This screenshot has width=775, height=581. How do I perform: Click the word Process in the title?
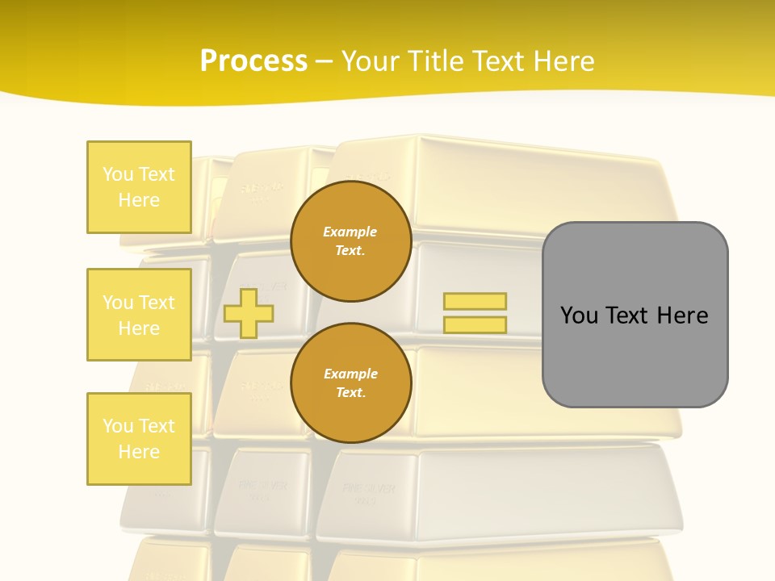[x=253, y=61]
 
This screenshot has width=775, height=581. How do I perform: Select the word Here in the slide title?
[x=563, y=61]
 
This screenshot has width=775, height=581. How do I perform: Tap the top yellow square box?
[x=139, y=187]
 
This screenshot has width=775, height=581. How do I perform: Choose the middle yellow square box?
[x=139, y=315]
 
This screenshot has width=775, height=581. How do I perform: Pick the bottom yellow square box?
[x=139, y=439]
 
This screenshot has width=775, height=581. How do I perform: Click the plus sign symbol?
[x=249, y=313]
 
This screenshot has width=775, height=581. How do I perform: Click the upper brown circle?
[x=350, y=241]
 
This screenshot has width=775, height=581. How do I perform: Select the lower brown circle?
[x=350, y=383]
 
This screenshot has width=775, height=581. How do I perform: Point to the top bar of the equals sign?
[x=475, y=301]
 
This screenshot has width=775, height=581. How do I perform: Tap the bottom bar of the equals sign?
[x=475, y=324]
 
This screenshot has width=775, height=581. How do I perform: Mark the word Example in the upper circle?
[x=350, y=232]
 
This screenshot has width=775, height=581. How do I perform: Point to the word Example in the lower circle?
[x=350, y=374]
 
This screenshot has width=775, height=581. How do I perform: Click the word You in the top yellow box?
[x=117, y=174]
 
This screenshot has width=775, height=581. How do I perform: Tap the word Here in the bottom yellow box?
[x=139, y=452]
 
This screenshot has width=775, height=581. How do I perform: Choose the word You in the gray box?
[x=579, y=316]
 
